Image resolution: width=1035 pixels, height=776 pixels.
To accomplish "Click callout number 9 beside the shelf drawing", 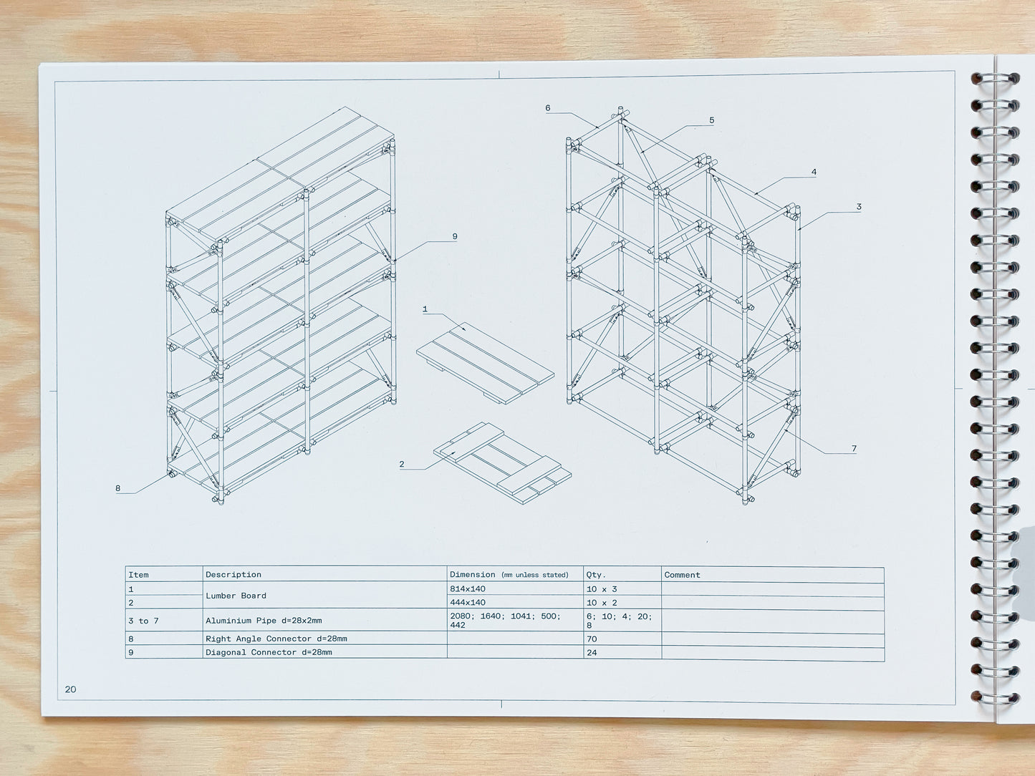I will point(455,236).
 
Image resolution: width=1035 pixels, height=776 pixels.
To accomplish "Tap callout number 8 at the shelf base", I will point(118,488).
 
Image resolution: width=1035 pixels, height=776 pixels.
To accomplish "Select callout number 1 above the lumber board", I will point(425,309).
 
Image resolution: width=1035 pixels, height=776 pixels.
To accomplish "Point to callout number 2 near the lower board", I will point(402,464).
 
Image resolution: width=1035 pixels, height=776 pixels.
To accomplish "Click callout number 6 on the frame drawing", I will point(548,108).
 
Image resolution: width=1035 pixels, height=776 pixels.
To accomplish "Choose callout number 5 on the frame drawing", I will point(711,120).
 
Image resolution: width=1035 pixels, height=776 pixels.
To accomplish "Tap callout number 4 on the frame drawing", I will point(814,172).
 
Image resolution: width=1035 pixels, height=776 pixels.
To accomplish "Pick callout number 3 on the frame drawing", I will point(859,207).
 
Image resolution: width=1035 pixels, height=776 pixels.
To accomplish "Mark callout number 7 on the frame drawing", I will point(854,449).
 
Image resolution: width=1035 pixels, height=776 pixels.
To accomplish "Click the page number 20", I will point(70,689).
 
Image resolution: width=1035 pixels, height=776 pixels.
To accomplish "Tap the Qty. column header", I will point(596,574).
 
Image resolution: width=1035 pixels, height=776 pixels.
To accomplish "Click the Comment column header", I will point(682,575).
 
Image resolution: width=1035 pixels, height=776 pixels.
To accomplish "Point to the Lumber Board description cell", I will point(236,596).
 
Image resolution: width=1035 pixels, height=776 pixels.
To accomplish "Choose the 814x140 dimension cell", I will point(468,588).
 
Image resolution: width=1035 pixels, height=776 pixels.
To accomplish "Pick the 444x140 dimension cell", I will point(468,603).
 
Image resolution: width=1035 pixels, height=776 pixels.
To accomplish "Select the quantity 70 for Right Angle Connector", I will point(592,639).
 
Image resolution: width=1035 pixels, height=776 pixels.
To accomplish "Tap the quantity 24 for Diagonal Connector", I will point(592,652).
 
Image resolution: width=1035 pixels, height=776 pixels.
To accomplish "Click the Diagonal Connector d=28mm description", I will point(269,652).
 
